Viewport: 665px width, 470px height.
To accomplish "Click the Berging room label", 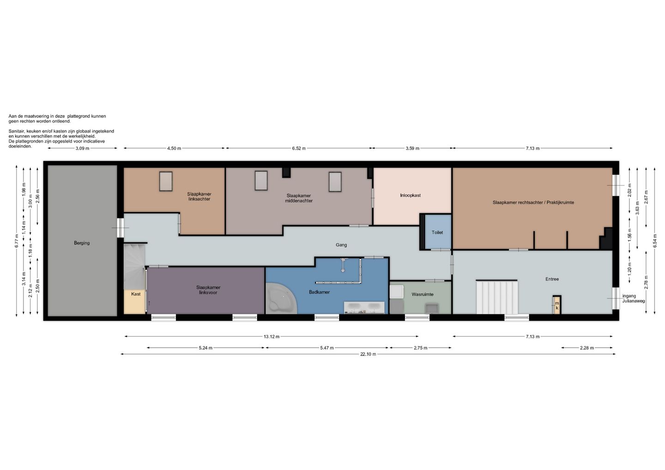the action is tap(82, 243).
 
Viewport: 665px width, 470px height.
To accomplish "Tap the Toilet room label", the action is tap(437, 232).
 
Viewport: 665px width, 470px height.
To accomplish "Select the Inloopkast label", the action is tap(410, 196).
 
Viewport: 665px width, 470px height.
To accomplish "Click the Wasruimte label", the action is tap(423, 295).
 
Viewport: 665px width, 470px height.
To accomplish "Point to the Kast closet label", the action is tap(136, 294).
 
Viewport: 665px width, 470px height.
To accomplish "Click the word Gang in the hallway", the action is tap(341, 245).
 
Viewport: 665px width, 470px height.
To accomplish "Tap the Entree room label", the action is tap(552, 279).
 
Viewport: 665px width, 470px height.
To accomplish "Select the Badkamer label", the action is tap(319, 292).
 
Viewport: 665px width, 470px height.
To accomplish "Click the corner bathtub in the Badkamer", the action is tap(281, 298).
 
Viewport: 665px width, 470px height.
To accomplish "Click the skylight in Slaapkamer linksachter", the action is tap(166, 181).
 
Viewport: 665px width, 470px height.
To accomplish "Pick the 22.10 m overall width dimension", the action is tap(368, 354).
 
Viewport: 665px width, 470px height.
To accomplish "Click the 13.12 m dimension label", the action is tap(272, 337).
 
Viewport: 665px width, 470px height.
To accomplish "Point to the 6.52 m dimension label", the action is tap(299, 148).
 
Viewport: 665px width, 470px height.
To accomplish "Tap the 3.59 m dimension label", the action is tap(412, 148).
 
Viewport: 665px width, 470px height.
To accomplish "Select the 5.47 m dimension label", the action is tap(327, 348).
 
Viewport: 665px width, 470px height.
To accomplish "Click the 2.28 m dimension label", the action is tap(587, 348).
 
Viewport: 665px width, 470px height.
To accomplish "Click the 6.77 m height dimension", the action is tap(17, 241).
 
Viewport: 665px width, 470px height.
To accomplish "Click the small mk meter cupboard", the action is tap(557, 305).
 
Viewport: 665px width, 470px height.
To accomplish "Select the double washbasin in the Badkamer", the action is tap(364, 307).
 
